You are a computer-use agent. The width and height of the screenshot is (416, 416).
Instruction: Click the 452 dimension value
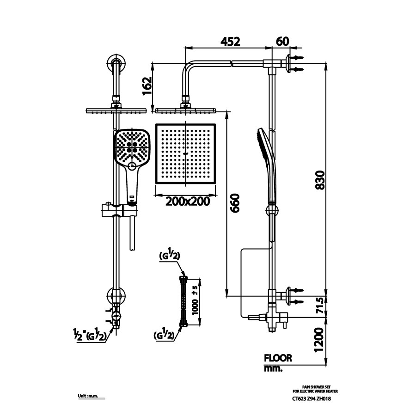pyautogui.click(x=230, y=41)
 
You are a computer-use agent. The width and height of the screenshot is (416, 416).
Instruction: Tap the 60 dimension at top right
pyautogui.click(x=282, y=41)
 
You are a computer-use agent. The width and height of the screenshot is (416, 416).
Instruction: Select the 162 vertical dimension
pyautogui.click(x=147, y=86)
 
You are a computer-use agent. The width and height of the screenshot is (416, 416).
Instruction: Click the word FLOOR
pyautogui.click(x=278, y=358)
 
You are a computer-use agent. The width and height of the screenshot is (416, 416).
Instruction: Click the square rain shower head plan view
pyautogui.click(x=186, y=153)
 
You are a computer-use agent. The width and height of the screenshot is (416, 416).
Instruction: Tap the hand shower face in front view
pyautogui.click(x=132, y=147)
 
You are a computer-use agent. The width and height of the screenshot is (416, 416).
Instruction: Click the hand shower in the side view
pyautogui.click(x=267, y=166)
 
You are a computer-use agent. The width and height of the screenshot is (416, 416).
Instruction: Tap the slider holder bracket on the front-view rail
pyautogui.click(x=119, y=210)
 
